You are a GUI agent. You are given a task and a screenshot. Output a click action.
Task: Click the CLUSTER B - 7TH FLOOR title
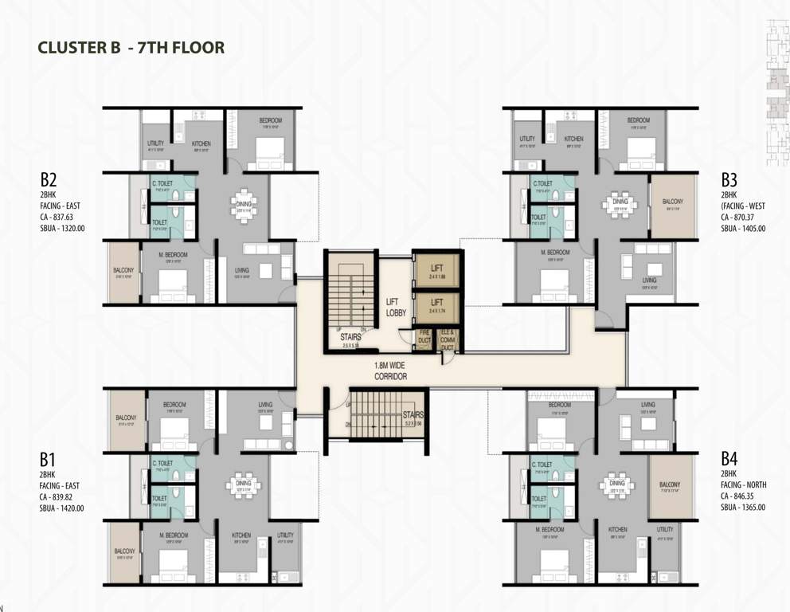[x=131, y=48]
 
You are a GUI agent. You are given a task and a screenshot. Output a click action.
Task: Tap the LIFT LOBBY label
[x=396, y=308]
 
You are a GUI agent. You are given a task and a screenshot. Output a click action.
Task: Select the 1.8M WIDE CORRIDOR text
[x=391, y=371]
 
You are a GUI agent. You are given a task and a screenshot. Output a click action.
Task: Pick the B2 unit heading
[x=49, y=178]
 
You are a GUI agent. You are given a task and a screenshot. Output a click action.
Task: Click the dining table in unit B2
[x=244, y=203]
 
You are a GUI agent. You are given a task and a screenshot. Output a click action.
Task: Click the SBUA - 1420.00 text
[x=62, y=508]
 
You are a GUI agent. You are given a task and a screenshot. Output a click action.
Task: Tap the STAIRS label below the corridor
[x=413, y=414]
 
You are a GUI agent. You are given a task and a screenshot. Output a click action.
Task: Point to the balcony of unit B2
[x=123, y=271]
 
